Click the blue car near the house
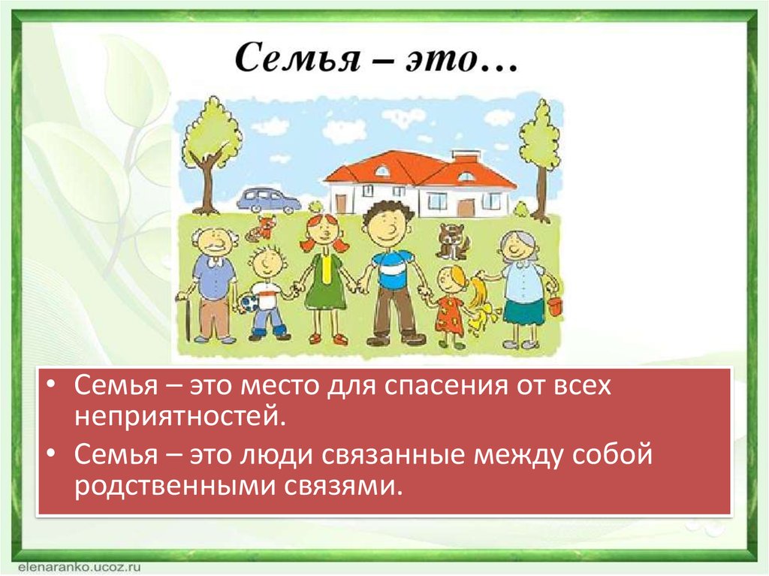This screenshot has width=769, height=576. [268, 200]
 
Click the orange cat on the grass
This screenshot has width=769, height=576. [261, 228]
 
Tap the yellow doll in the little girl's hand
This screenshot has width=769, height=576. [479, 302]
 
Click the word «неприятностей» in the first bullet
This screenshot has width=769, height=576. [179, 416]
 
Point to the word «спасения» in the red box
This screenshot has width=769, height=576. [445, 386]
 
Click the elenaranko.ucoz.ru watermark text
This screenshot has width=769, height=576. [74, 567]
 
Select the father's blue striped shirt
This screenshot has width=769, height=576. [391, 270]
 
